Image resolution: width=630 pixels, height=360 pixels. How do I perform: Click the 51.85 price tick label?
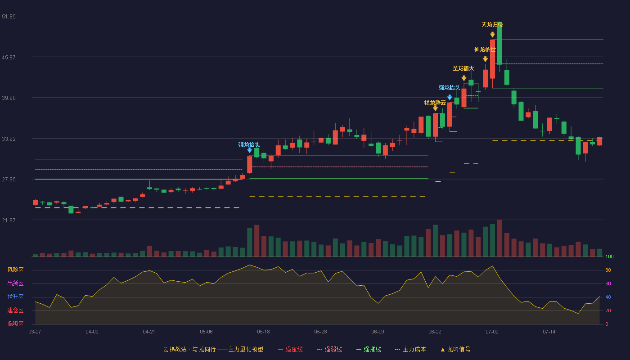point(9,17)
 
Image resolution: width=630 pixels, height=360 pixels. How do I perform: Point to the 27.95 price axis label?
point(9,180)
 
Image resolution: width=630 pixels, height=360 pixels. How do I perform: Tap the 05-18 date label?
point(263,332)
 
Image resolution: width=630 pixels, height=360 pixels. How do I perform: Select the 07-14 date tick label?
point(549,332)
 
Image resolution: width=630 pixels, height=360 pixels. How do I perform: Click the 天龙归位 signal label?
point(492,25)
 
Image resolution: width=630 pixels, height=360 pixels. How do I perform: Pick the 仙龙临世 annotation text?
point(485,49)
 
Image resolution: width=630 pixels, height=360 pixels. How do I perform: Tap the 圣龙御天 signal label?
point(463,68)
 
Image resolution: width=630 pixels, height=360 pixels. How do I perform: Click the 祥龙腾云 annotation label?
point(435,103)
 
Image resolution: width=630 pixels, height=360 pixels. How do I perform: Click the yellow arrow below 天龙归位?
point(492,35)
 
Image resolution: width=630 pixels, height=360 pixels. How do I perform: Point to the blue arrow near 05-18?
point(249,150)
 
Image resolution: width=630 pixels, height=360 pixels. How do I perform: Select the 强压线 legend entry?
point(290,349)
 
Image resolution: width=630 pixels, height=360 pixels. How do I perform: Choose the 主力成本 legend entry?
point(410,349)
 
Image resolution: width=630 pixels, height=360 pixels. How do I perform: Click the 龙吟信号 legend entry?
point(455,349)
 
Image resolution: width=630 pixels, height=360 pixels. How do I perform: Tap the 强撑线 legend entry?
point(369,349)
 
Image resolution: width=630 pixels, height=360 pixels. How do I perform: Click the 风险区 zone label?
point(15,270)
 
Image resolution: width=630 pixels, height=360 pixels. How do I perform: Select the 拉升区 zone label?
point(15,297)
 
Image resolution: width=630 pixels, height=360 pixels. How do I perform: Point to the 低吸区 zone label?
point(15,324)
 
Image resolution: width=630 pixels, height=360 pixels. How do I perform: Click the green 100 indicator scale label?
point(609,256)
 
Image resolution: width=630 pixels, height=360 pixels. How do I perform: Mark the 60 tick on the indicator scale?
point(608,283)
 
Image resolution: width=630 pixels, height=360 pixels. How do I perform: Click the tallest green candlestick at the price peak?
point(499,44)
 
